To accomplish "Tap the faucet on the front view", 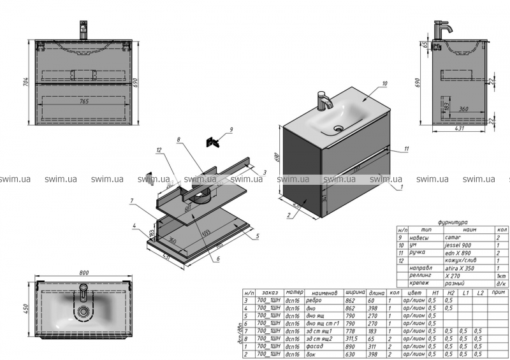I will [83, 30].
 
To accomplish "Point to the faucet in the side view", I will [442, 30].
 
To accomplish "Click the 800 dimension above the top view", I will [84, 273].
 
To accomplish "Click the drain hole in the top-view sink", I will [83, 312].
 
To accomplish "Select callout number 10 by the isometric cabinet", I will [385, 83].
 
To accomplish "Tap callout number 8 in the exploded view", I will [180, 139].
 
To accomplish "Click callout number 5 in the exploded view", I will [257, 236].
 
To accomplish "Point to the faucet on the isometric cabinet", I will [324, 101].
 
